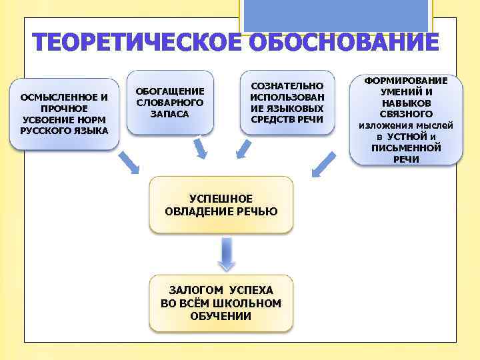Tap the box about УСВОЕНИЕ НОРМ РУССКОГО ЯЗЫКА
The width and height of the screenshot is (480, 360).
(64, 114)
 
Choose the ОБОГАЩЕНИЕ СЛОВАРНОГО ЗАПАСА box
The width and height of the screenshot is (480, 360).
(170, 102)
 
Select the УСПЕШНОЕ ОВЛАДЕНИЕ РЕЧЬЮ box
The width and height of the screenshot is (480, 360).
(221, 205)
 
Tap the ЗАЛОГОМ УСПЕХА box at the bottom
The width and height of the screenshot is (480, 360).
(221, 303)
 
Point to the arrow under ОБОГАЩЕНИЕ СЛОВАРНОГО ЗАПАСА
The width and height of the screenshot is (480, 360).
(200, 150)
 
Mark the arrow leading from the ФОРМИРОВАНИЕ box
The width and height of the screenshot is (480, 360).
(325, 164)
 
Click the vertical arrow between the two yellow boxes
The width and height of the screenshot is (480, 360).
(227, 254)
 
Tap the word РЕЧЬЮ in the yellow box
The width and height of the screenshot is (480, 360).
(256, 211)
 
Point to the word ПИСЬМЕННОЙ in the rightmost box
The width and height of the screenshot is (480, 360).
(406, 147)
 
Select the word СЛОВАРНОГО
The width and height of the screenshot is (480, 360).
(170, 102)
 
